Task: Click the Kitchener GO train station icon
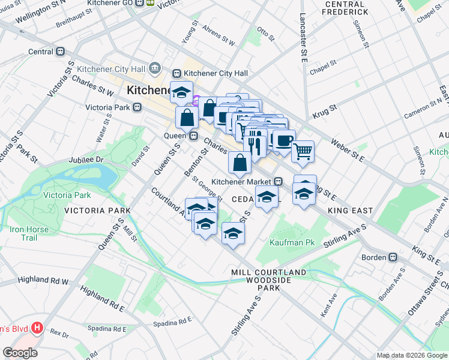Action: [140, 2]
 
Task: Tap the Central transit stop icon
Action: [60, 52]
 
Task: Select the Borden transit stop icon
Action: [393, 257]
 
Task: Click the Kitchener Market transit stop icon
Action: [279, 181]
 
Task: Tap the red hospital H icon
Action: [37, 328]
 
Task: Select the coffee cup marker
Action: [284, 140]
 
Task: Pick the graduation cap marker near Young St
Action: [181, 92]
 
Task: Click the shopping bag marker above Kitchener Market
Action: [240, 161]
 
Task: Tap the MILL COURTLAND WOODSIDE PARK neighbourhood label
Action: [269, 280]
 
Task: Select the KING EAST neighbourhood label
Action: [351, 211]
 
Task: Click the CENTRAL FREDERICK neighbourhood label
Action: [345, 8]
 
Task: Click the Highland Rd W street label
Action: [43, 280]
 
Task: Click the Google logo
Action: [20, 353]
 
